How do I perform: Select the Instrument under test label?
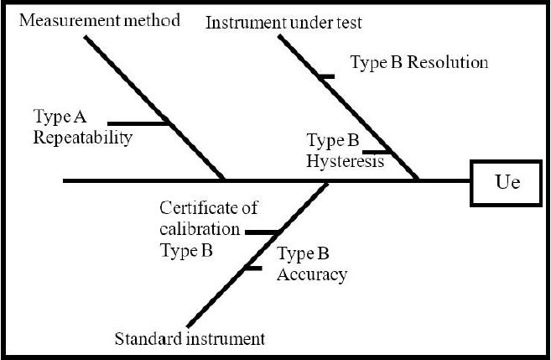pyautogui.click(x=284, y=23)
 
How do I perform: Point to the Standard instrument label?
pyautogui.click(x=190, y=339)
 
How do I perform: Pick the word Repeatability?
pyautogui.click(x=83, y=138)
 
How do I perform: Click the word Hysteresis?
pyautogui.click(x=346, y=160)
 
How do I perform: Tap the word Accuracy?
pyautogui.click(x=312, y=274)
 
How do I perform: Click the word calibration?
pyautogui.click(x=200, y=228)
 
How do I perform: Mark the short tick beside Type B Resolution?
pyautogui.click(x=326, y=76)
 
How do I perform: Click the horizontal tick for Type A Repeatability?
pyautogui.click(x=139, y=124)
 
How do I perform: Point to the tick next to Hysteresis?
pyautogui.click(x=377, y=153)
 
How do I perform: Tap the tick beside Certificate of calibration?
pyautogui.click(x=262, y=232)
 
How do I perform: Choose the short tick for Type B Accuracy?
pyautogui.click(x=251, y=269)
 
